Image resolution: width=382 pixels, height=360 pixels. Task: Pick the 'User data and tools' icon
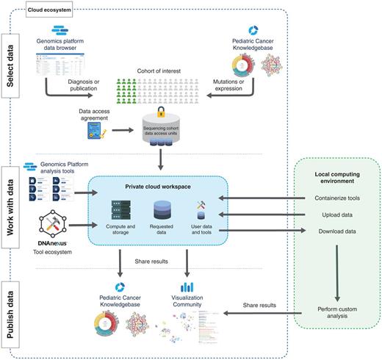[x=203, y=210]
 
